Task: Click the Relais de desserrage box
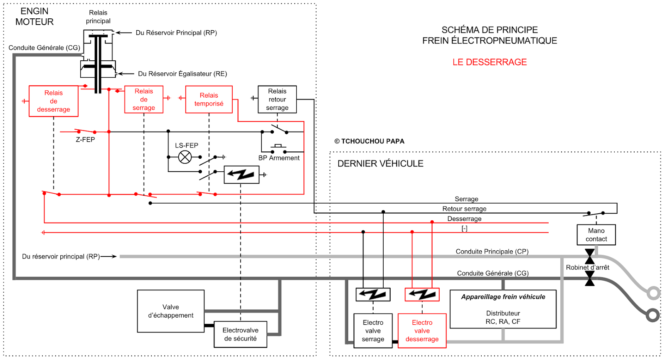pyautogui.click(x=54, y=101)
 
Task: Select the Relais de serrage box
pyautogui.click(x=144, y=99)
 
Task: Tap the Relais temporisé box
pyautogui.click(x=209, y=99)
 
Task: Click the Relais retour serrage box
pyautogui.click(x=277, y=99)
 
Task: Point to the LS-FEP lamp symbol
pyautogui.click(x=185, y=157)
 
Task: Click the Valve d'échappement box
pyautogui.click(x=171, y=311)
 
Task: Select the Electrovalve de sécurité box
pyautogui.click(x=240, y=334)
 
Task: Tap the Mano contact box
pyautogui.click(x=596, y=235)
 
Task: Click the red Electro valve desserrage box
pyautogui.click(x=422, y=330)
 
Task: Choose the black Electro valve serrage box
pyautogui.click(x=373, y=330)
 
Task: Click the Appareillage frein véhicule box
pyautogui.click(x=503, y=309)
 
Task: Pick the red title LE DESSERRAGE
pyautogui.click(x=490, y=62)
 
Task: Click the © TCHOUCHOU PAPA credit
pyautogui.click(x=369, y=141)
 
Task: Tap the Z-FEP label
pyautogui.click(x=85, y=140)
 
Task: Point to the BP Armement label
pyautogui.click(x=279, y=158)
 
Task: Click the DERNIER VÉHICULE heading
pyautogui.click(x=380, y=164)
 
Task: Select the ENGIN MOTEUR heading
pyautogui.click(x=34, y=17)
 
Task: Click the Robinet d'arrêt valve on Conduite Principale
pyautogui.click(x=589, y=256)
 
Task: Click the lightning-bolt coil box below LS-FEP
pyautogui.click(x=241, y=175)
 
